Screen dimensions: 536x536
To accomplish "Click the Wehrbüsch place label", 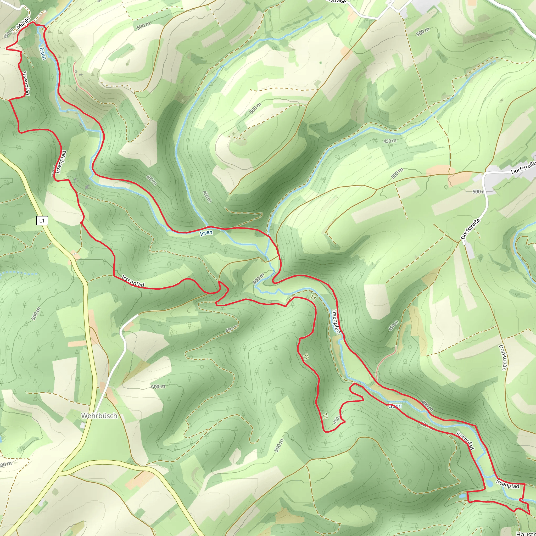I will pyautogui.click(x=99, y=416).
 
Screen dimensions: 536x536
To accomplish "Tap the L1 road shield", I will pyautogui.click(x=42, y=221).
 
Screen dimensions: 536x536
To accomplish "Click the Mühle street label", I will pyautogui.click(x=23, y=23).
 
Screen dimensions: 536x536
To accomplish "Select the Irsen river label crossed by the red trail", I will pyautogui.click(x=395, y=406).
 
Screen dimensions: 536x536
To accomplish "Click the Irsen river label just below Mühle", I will pyautogui.click(x=43, y=53).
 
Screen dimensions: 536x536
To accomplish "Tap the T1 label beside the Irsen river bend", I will pyautogui.click(x=313, y=298).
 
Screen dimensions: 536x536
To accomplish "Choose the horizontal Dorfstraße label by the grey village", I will pyautogui.click(x=523, y=168).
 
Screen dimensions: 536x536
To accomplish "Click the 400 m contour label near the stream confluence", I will pyautogui.click(x=259, y=278).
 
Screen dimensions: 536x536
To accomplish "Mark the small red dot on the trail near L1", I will pyautogui.click(x=81, y=222).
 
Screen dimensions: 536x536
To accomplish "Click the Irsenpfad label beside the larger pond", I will pyautogui.click(x=507, y=484).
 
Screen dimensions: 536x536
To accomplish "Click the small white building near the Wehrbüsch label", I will pyautogui.click(x=83, y=426).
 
